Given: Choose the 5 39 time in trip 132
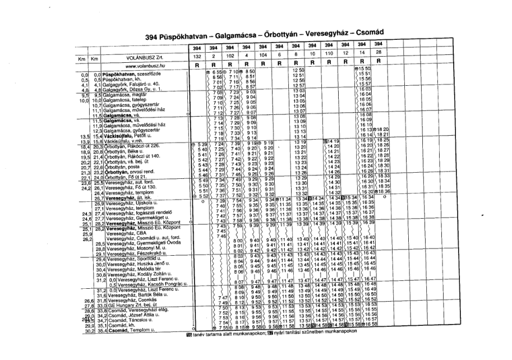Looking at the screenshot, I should pyautogui.click(x=194, y=145).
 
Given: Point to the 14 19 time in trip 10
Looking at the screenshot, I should pyautogui.click(x=333, y=141).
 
